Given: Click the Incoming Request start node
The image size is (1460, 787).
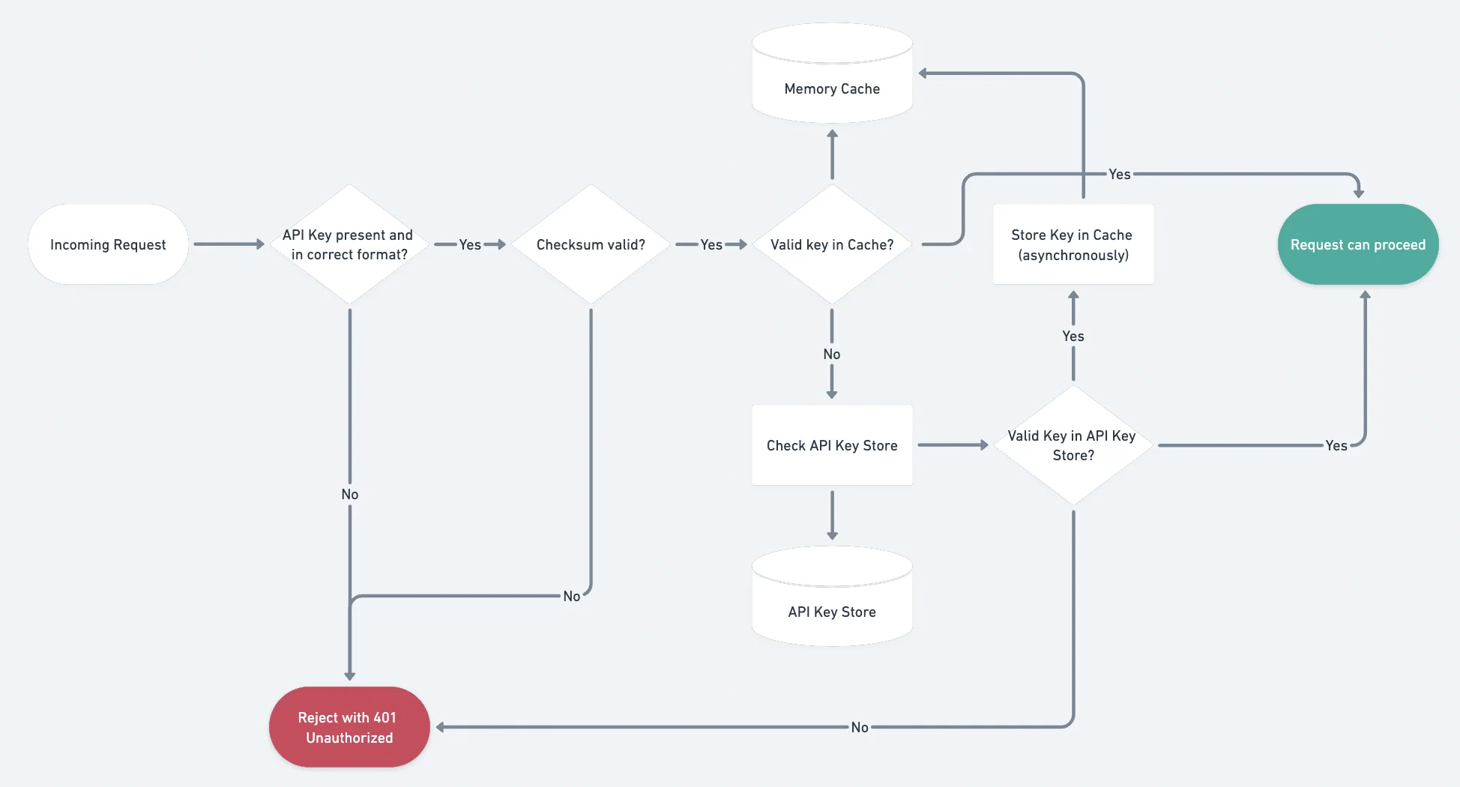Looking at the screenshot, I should [108, 244].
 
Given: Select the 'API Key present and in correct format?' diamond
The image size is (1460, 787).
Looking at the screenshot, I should [349, 244].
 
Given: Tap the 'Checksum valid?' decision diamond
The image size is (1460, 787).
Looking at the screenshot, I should [591, 244].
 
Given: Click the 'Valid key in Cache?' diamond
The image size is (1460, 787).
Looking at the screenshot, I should [832, 244].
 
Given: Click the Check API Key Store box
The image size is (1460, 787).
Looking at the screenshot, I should [832, 445].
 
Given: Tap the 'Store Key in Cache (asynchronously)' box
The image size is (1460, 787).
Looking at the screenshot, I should [1073, 244].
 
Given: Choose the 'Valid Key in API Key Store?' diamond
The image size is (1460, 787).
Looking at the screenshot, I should [1073, 445].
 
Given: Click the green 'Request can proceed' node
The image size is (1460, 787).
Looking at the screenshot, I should [1357, 244].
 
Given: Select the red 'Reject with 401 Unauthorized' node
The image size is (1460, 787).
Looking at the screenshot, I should [349, 727].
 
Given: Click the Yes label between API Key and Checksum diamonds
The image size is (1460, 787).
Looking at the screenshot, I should [470, 244].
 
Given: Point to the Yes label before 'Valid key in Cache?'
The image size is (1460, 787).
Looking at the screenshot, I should [711, 244].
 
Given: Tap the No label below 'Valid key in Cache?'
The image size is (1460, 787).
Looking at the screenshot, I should [832, 354].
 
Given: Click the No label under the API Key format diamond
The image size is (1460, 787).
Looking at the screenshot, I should [349, 494].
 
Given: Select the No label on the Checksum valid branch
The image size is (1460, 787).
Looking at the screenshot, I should [572, 596].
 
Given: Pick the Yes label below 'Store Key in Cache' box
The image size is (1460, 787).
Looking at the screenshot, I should [1073, 336].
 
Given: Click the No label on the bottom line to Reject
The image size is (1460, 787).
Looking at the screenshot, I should [859, 727].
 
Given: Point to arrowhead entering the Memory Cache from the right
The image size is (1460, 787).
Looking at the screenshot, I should [924, 73].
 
